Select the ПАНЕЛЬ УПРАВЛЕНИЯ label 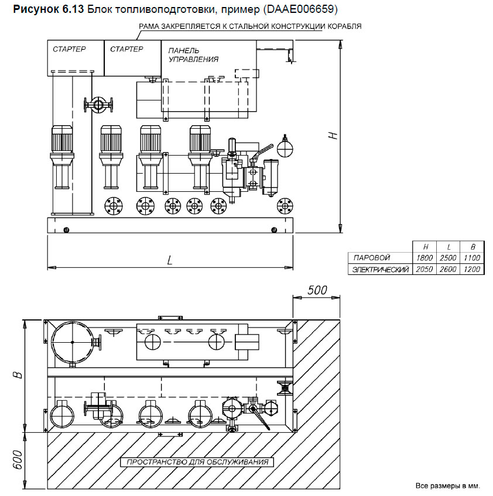coord(193,54)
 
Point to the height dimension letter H coord(333,135)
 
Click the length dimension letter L coord(169,261)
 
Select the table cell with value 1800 coord(423,257)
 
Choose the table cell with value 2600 coord(447,269)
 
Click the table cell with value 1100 coord(471,257)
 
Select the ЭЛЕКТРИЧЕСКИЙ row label coord(380,269)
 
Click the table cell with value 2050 coord(423,269)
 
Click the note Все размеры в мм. coord(447,485)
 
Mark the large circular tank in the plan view coord(71,341)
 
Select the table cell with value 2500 coord(447,257)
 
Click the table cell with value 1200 coord(471,269)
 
